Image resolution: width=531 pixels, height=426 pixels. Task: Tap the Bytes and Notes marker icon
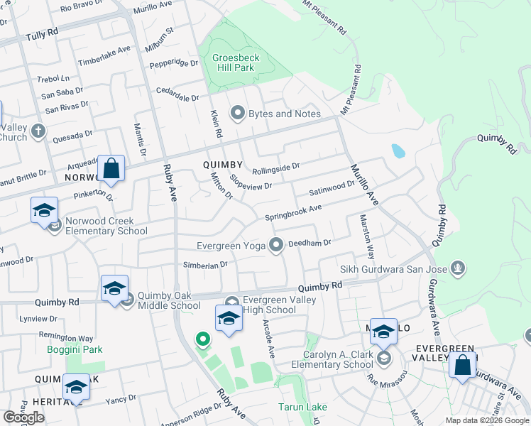[x=237, y=114]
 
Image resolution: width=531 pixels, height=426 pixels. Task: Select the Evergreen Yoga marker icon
[x=276, y=245]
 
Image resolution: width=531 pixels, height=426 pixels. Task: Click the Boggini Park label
[x=75, y=349]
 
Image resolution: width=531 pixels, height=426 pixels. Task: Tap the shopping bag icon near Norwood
[x=111, y=169]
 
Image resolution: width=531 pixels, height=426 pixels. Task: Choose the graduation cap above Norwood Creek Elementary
[x=44, y=210]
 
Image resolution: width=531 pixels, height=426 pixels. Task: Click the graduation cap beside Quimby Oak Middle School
[x=114, y=289]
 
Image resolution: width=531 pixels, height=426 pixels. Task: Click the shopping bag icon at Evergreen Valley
[x=462, y=366]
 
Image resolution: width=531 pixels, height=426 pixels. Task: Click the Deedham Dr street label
[x=310, y=243]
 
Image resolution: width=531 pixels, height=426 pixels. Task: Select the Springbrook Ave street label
[x=293, y=212]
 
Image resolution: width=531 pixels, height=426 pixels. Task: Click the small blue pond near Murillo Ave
[x=398, y=151]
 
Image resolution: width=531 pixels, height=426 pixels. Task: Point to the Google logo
[x=24, y=417]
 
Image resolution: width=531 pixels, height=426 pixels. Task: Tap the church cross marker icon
[x=38, y=131]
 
